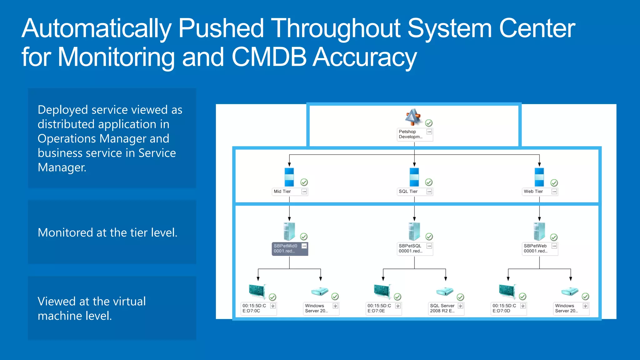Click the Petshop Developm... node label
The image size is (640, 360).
pyautogui.click(x=411, y=134)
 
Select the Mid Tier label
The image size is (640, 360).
pyautogui.click(x=282, y=192)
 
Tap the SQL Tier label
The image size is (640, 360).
pyautogui.click(x=408, y=192)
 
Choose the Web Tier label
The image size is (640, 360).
pyautogui.click(x=533, y=192)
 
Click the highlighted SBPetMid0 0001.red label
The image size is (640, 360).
pyautogui.click(x=286, y=249)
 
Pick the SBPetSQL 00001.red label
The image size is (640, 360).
pyautogui.click(x=411, y=249)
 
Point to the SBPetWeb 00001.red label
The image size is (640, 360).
pyautogui.click(x=536, y=249)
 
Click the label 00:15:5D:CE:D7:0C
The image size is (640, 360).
pyautogui.click(x=254, y=308)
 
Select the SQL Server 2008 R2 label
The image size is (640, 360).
pyautogui.click(x=442, y=308)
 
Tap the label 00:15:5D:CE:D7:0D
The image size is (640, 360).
pyautogui.click(x=504, y=308)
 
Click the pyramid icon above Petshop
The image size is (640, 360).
pyautogui.click(x=413, y=117)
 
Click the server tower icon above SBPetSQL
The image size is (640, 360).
pyautogui.click(x=414, y=231)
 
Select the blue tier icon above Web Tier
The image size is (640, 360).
pyautogui.click(x=539, y=177)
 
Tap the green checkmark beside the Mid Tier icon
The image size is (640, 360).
pyautogui.click(x=304, y=182)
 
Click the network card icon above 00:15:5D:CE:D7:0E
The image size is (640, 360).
pyautogui.click(x=382, y=291)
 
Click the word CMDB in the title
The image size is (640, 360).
pyautogui.click(x=269, y=57)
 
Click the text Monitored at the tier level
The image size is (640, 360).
pyautogui.click(x=107, y=233)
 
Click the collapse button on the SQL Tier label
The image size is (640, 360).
pyautogui.click(x=429, y=192)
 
